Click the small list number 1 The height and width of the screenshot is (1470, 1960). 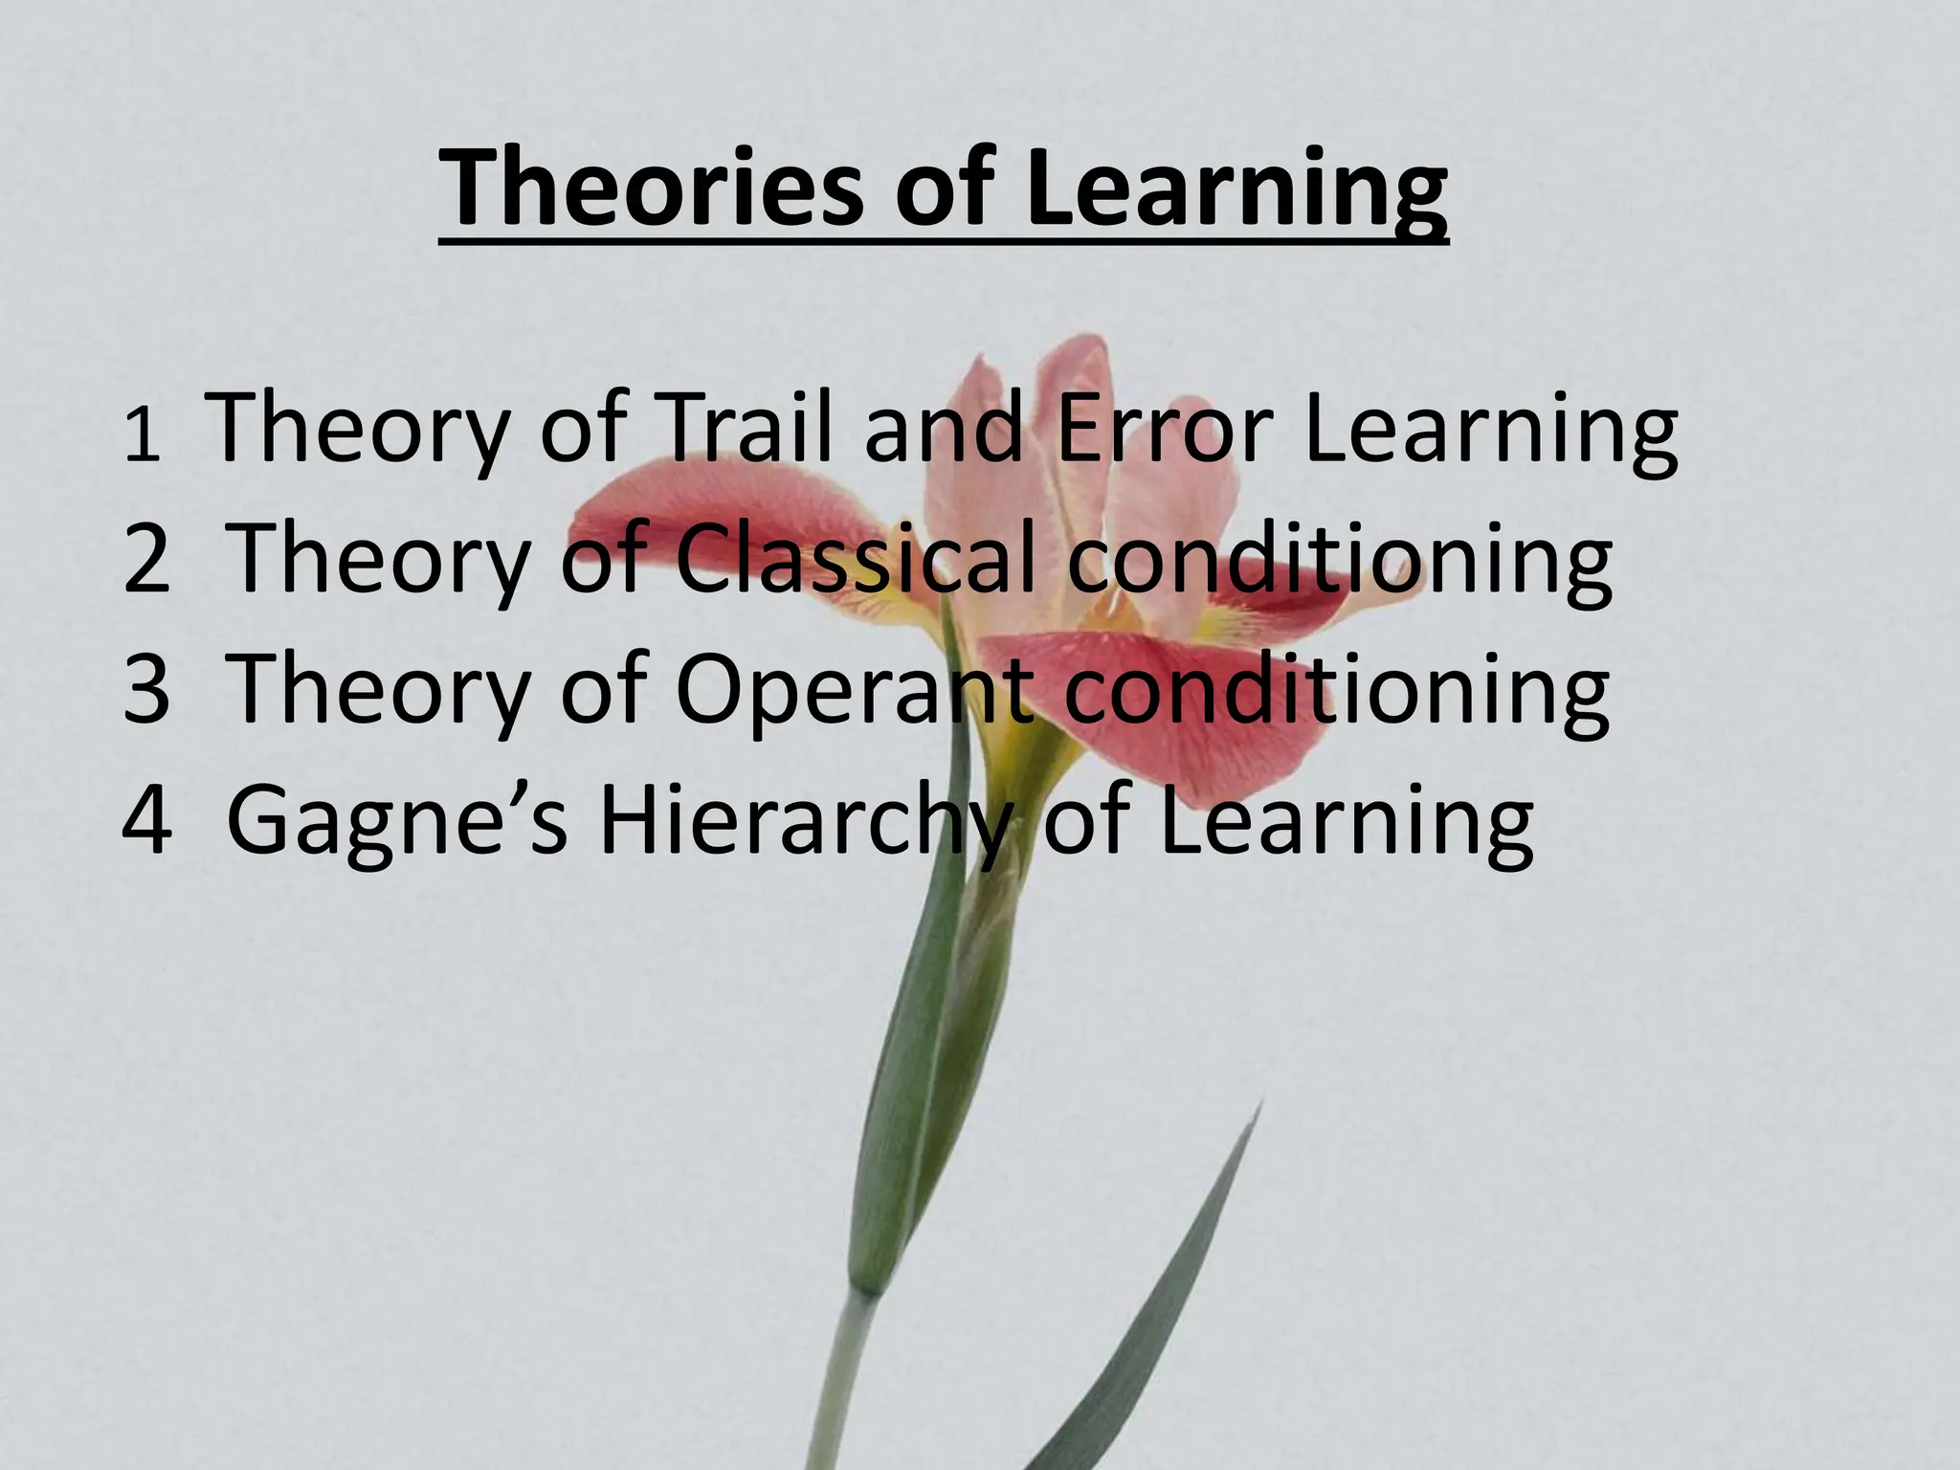141,437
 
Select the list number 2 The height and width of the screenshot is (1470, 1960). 146,561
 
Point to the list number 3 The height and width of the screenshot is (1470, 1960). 146,690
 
